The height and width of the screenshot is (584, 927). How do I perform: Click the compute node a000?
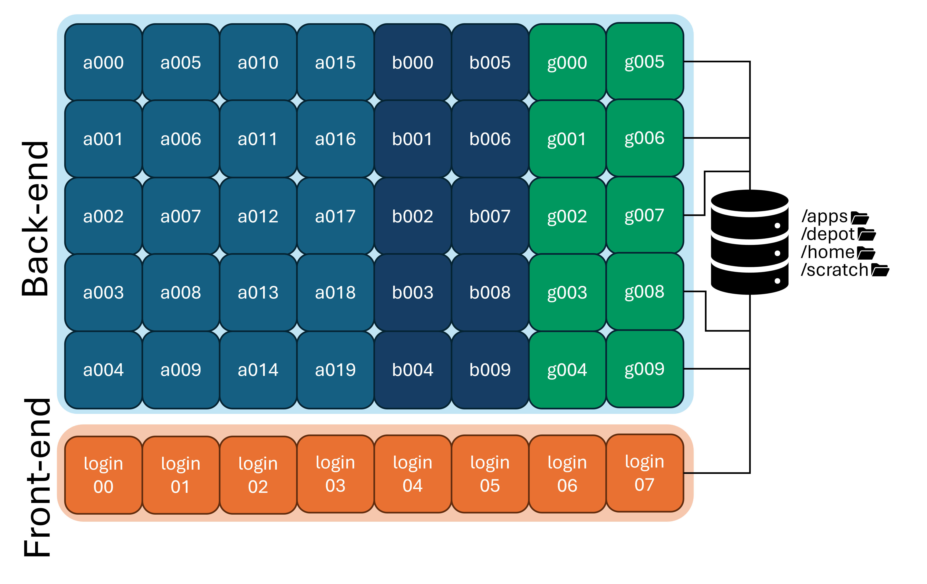pyautogui.click(x=103, y=62)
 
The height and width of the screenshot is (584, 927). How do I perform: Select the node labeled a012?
pyautogui.click(x=258, y=216)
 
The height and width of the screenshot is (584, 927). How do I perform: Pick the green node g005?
pyautogui.click(x=644, y=62)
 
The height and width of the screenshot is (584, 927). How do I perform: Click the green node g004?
pyautogui.click(x=567, y=370)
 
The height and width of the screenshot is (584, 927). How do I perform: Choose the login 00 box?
pyautogui.click(x=103, y=475)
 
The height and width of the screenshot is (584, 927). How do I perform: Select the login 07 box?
pyautogui.click(x=644, y=473)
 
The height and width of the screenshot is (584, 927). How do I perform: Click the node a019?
pyautogui.click(x=335, y=370)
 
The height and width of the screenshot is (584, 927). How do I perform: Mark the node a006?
pyautogui.click(x=181, y=139)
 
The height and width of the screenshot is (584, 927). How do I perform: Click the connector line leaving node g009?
pyautogui.click(x=716, y=369)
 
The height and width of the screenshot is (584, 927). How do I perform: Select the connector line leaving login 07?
pyautogui.click(x=716, y=473)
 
